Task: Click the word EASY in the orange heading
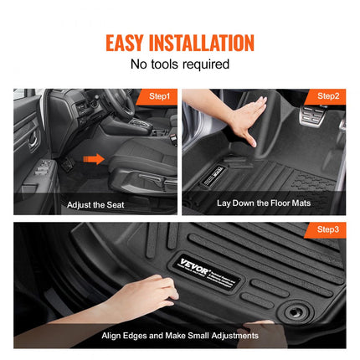124,43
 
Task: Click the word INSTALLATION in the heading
202,43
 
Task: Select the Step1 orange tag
157,96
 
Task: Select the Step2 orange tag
326,96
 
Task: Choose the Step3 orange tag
326,230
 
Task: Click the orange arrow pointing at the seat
94,159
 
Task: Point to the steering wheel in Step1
121,102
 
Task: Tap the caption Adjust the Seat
95,205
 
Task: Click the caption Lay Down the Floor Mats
264,203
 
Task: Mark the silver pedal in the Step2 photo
312,115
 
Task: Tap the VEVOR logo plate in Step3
208,273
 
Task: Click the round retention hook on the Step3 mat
294,311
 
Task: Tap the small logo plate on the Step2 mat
213,177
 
